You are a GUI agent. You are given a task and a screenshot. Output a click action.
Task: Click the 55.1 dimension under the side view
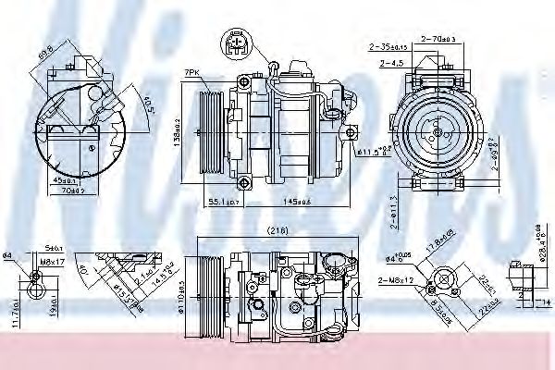pos(223,201)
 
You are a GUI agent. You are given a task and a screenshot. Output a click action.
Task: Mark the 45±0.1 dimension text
pos(65,179)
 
